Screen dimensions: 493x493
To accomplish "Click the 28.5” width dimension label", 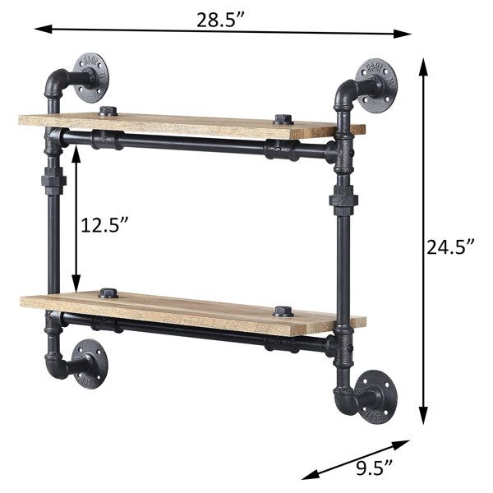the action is coord(220,20).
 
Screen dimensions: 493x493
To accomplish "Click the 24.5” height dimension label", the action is coord(450,246).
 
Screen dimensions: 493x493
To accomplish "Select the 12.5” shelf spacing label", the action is coord(104,225).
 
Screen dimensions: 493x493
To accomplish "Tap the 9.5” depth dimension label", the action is coord(374,468).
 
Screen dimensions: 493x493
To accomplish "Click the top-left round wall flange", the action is coord(91,77).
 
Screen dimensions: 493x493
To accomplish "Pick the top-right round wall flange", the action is coord(376,85).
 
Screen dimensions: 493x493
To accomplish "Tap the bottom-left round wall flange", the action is coord(90,364).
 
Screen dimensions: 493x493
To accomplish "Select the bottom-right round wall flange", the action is coord(376,397).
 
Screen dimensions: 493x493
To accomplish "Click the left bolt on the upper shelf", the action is coord(108,111).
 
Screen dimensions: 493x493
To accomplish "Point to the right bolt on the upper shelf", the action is coord(283,119).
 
